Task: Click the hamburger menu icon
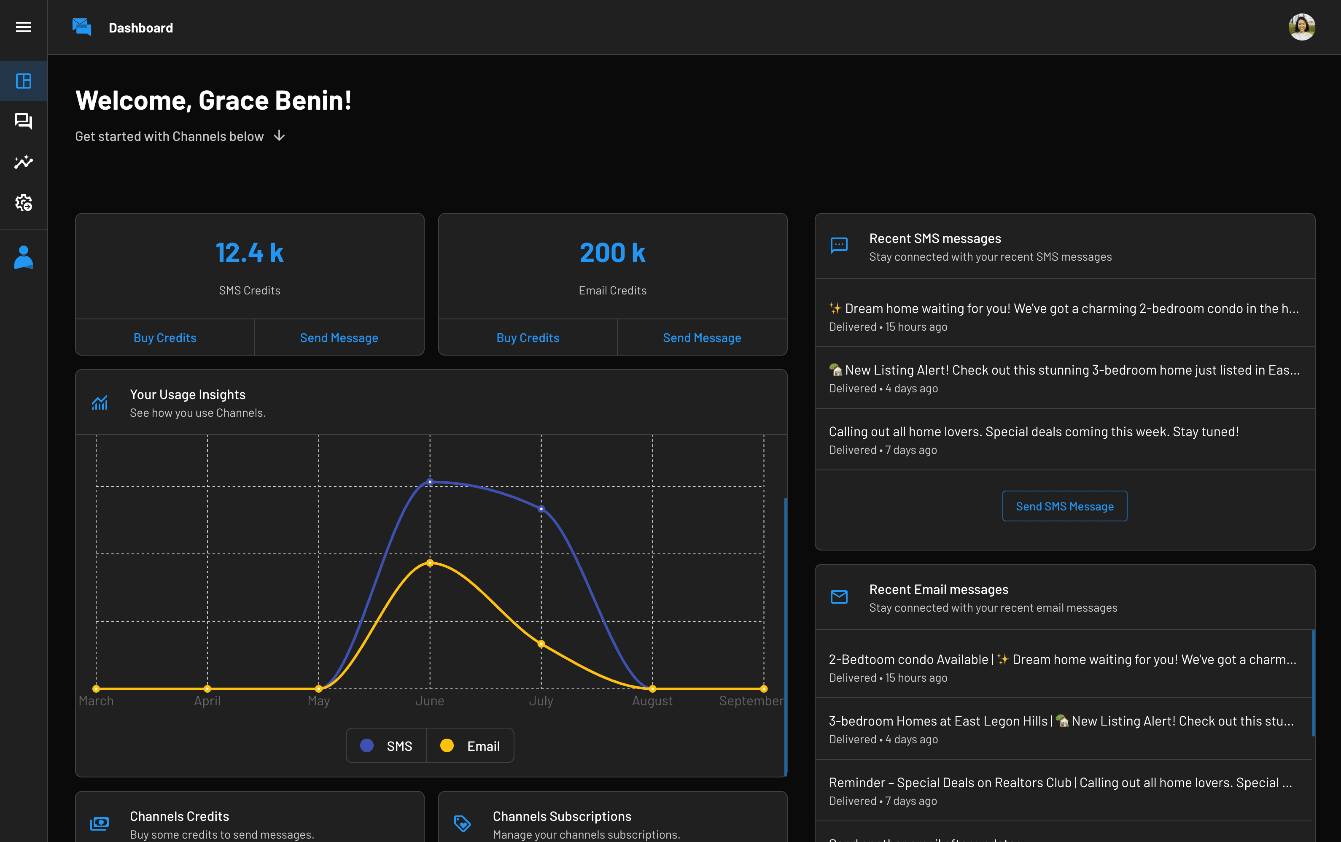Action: coord(23,27)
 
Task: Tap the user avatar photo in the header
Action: coord(1301,27)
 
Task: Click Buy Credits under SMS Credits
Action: coord(165,337)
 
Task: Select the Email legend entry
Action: coord(470,746)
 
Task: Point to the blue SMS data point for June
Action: coord(430,482)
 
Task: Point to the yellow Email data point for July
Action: coord(541,644)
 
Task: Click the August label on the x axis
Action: coord(652,701)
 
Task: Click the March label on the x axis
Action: coord(96,701)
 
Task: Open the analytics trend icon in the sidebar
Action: coord(23,162)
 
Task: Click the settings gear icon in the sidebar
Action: coord(23,203)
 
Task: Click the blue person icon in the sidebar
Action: coord(23,257)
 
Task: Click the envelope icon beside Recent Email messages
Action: coord(839,597)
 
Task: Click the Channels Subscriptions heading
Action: coord(562,816)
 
